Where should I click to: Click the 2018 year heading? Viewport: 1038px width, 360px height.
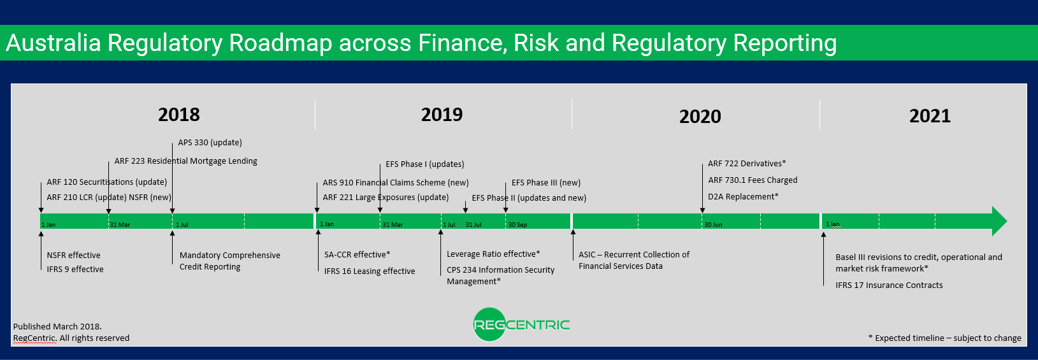[x=178, y=115]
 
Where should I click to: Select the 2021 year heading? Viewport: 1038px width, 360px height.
[x=930, y=116]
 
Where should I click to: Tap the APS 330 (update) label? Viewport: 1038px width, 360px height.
[x=210, y=143]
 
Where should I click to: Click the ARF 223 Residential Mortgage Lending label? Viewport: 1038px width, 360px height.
[x=185, y=161]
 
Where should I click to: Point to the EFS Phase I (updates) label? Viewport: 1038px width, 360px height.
[x=424, y=164]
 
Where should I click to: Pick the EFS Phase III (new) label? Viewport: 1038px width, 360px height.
[x=545, y=183]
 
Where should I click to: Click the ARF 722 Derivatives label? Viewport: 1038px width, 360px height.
[x=746, y=164]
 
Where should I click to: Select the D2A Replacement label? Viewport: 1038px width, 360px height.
[x=742, y=197]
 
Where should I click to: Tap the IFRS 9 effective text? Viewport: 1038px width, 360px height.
[x=75, y=270]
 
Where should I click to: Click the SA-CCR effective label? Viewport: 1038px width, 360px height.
[x=357, y=255]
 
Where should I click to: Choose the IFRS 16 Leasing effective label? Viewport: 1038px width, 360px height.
[x=369, y=271]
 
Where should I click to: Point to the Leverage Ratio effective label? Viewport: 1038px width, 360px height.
[x=493, y=254]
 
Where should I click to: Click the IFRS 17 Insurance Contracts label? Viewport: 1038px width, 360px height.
[x=889, y=285]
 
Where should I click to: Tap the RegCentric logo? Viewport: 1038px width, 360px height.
[x=521, y=325]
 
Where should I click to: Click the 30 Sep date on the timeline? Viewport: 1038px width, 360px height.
[x=517, y=225]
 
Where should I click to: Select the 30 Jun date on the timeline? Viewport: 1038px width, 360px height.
[x=713, y=225]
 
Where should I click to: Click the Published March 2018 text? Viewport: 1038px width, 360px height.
[x=57, y=326]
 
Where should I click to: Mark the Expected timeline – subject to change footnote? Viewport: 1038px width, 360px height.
[x=944, y=338]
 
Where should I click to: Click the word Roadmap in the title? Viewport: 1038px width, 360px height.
[x=280, y=43]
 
